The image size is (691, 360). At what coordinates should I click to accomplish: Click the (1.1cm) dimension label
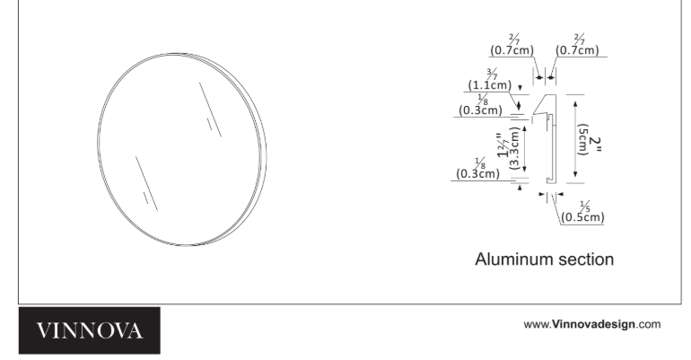coord(490,85)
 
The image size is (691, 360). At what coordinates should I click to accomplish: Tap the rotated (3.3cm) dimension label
coord(514,148)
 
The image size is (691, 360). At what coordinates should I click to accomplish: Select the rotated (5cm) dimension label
coord(583,140)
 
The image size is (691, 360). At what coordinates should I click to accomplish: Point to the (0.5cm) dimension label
coord(582,217)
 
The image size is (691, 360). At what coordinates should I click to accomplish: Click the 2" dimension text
coord(595,144)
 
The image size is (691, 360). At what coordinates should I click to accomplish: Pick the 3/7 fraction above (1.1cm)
coord(493,73)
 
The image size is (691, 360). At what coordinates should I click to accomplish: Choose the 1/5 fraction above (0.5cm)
coord(585,206)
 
